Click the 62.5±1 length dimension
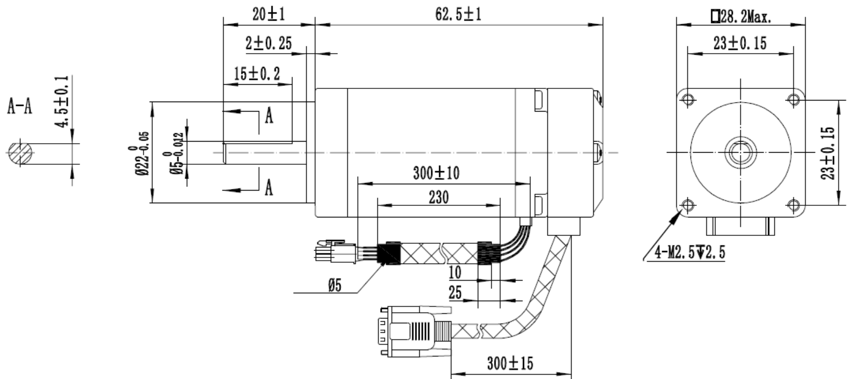point(458,15)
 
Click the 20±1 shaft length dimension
point(268,15)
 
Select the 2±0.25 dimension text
point(268,43)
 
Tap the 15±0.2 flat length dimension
point(257,74)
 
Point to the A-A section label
point(20,107)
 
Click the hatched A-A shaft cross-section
point(20,153)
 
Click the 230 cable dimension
point(438,197)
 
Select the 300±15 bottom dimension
point(509,363)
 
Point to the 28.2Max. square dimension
point(741,17)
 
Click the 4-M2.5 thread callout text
point(690,253)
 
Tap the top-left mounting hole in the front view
point(687,99)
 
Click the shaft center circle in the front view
point(740,152)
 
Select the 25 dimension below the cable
point(455,293)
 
